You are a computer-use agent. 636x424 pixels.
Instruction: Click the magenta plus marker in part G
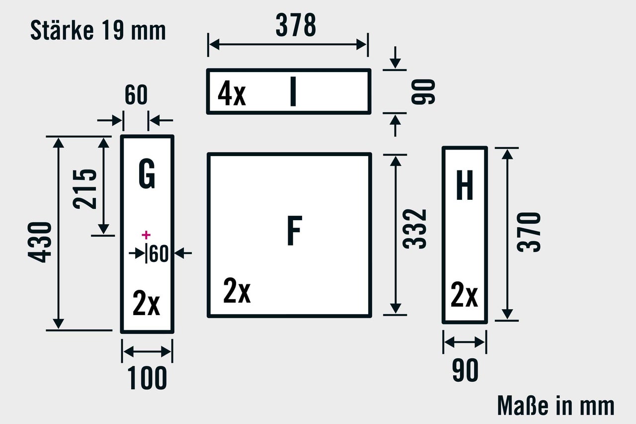point(146,235)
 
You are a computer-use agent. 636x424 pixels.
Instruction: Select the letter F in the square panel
point(294,231)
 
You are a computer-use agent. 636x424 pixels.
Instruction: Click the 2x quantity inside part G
point(146,304)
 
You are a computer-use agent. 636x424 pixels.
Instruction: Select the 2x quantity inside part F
point(237,291)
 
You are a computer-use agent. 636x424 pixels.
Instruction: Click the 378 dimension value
point(296,26)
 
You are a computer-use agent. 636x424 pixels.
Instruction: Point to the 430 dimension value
point(40,243)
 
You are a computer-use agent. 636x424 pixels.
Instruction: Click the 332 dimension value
point(415,229)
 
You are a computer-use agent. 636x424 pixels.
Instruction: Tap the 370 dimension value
point(529,232)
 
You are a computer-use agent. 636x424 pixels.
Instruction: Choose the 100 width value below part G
point(148,379)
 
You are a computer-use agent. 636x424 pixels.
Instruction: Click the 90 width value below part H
point(465,370)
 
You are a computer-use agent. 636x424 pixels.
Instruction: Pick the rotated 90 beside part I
point(423,91)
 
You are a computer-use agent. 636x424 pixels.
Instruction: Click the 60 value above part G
point(136,95)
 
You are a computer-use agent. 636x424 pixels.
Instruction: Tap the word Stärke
point(62,31)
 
